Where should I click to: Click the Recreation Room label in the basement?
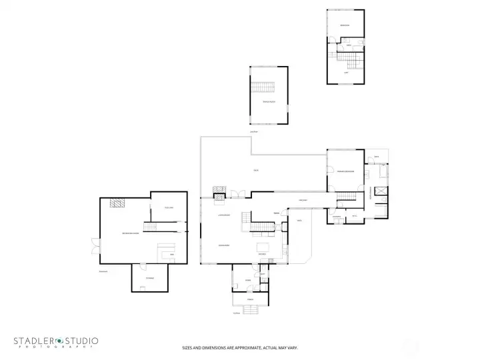[x=130, y=233]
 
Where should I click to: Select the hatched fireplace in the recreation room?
[x=116, y=204]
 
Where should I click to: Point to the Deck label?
[x=255, y=171]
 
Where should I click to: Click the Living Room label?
[x=224, y=215]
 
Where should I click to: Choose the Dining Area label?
[x=224, y=245]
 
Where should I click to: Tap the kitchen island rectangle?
[x=263, y=247]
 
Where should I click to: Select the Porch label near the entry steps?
[x=250, y=300]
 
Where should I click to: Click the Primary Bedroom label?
[x=345, y=172]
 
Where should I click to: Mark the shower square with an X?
[x=380, y=191]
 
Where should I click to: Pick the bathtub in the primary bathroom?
[x=384, y=171]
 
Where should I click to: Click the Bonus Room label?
[x=269, y=101]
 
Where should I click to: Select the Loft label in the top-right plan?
[x=346, y=72]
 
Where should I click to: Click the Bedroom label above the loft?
[x=345, y=25]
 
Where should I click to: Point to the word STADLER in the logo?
[x=36, y=341]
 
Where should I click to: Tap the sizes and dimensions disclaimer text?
[x=239, y=347]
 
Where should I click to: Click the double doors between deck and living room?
[x=238, y=194]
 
